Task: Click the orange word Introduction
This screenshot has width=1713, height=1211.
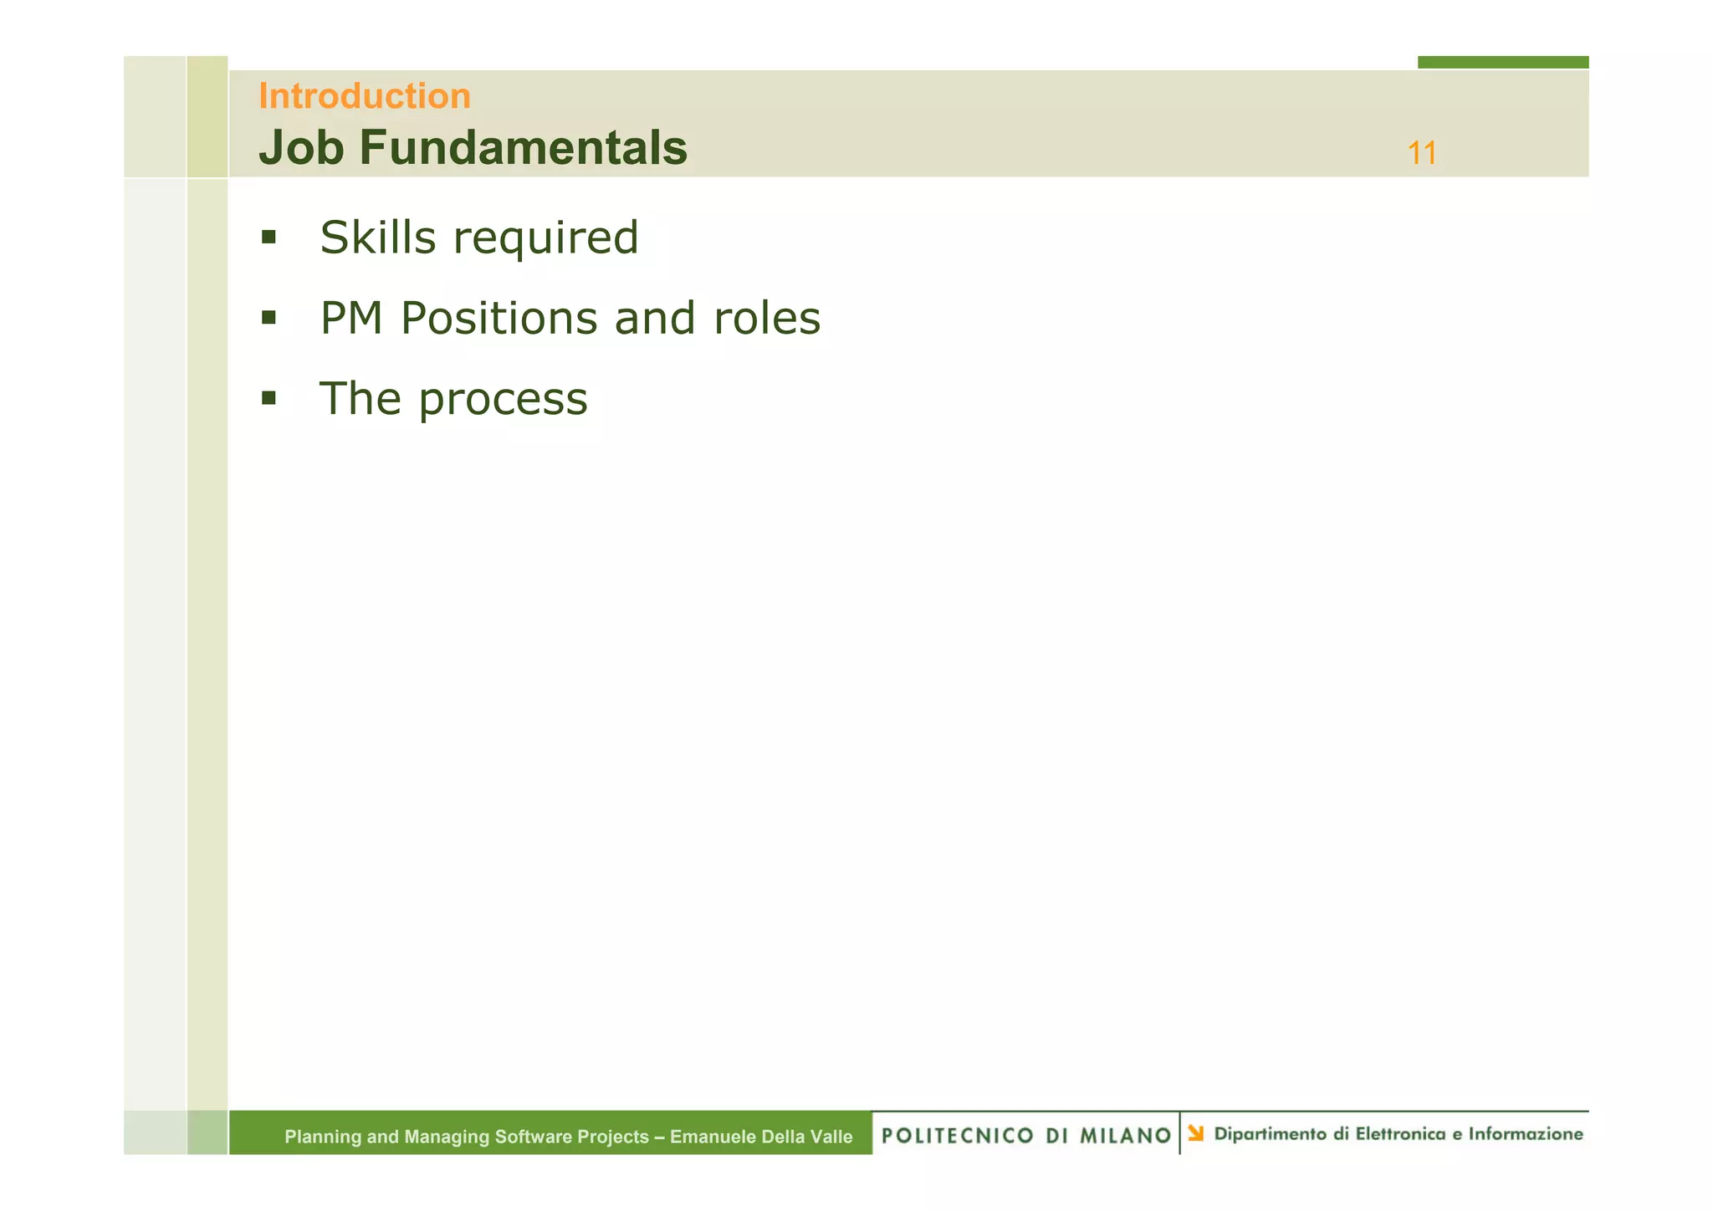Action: point(365,96)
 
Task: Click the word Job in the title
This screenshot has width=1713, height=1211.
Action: point(301,148)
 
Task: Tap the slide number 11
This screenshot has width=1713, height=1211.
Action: point(1422,154)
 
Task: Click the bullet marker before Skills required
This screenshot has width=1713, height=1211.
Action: point(268,238)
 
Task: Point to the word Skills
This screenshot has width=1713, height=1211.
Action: point(378,238)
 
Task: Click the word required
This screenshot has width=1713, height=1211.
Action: point(545,239)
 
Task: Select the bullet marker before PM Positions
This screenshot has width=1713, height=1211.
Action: point(268,318)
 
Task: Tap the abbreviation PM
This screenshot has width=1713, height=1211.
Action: point(352,319)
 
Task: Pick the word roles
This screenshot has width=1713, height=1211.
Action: point(767,319)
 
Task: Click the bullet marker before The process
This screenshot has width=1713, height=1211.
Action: point(268,398)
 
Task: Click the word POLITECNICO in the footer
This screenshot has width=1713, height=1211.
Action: point(957,1136)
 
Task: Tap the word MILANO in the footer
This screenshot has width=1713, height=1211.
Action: point(1126,1136)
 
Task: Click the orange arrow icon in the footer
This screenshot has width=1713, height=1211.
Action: point(1196,1134)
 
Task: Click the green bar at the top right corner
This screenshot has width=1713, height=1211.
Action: point(1503,62)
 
